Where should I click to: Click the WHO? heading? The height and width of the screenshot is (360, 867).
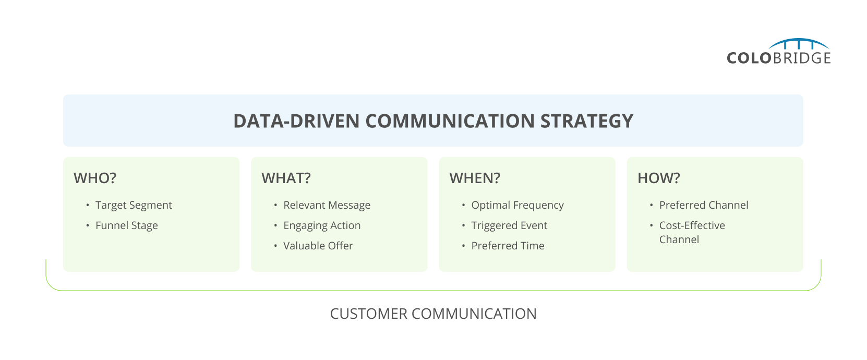point(95,178)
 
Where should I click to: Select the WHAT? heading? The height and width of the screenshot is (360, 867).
point(286,178)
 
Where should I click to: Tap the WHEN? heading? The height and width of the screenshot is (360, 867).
point(475,178)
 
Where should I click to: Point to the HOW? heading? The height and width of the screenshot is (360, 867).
point(658,178)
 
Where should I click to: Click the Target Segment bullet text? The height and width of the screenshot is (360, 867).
point(134,205)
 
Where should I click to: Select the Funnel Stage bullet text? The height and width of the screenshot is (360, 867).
point(126,225)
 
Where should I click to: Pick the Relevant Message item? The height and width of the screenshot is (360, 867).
point(327,205)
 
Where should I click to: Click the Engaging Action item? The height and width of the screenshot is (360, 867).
point(322,225)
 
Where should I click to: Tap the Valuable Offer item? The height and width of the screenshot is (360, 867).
point(318,246)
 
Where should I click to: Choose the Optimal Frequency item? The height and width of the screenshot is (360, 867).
point(517,205)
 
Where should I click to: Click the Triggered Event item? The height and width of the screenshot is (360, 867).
point(509,225)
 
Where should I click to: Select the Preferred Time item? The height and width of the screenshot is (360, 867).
point(508,246)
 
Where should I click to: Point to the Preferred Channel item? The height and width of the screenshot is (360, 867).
point(703,205)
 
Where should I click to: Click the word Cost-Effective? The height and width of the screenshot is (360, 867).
point(692,225)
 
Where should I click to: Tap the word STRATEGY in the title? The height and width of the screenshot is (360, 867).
point(586,121)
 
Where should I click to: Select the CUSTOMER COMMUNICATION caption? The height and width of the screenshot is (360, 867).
point(433,314)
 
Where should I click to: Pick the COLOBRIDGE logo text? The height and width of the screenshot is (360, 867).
point(778,58)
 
